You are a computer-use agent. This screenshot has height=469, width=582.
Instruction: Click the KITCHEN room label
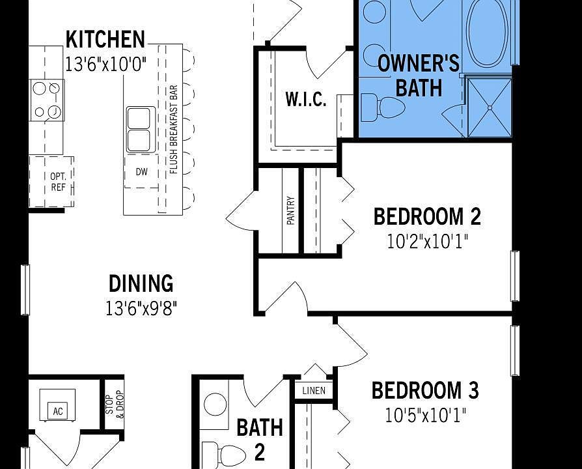[x=105, y=40]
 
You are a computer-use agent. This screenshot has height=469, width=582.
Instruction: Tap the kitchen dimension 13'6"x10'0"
[x=105, y=64]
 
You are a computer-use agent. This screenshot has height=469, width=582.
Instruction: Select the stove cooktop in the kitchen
[x=47, y=100]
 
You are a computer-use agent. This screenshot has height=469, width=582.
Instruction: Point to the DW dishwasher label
[x=141, y=173]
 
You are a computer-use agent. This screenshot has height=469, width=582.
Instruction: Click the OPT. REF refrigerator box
[x=57, y=182]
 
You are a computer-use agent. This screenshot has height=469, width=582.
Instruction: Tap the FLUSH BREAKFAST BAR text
[x=174, y=130]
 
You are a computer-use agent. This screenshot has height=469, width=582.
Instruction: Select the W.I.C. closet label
[x=305, y=100]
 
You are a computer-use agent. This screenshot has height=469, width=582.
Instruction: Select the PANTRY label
[x=290, y=211]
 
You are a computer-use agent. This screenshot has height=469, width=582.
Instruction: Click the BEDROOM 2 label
[x=426, y=216]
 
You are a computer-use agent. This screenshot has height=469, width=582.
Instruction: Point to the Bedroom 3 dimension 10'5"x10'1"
[x=426, y=415]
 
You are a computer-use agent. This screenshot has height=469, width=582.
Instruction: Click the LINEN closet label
[x=314, y=391]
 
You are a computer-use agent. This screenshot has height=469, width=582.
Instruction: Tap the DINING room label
[x=141, y=283]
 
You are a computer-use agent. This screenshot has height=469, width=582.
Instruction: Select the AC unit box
[x=57, y=410]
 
